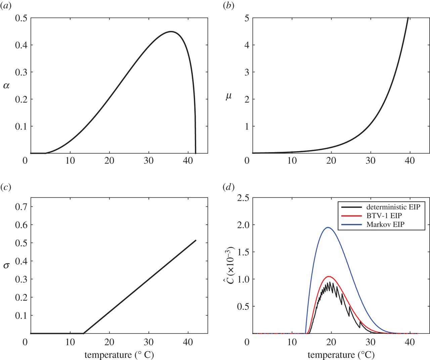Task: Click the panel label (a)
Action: [6, 6]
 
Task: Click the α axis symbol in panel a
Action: [6, 86]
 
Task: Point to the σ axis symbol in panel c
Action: [6, 266]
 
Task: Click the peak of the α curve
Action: [171, 32]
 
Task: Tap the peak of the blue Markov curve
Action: [328, 227]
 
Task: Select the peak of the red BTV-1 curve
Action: [329, 277]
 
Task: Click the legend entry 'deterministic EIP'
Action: [393, 207]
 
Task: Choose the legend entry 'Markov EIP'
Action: [385, 224]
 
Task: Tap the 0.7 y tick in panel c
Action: [21, 207]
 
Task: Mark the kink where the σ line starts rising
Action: [83, 333]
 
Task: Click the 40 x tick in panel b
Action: [410, 161]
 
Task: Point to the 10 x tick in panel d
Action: [292, 343]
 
